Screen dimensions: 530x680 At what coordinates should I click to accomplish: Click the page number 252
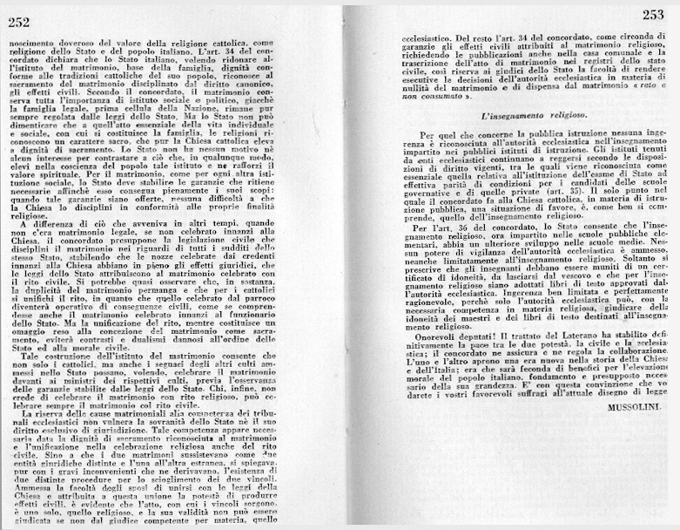19,24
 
